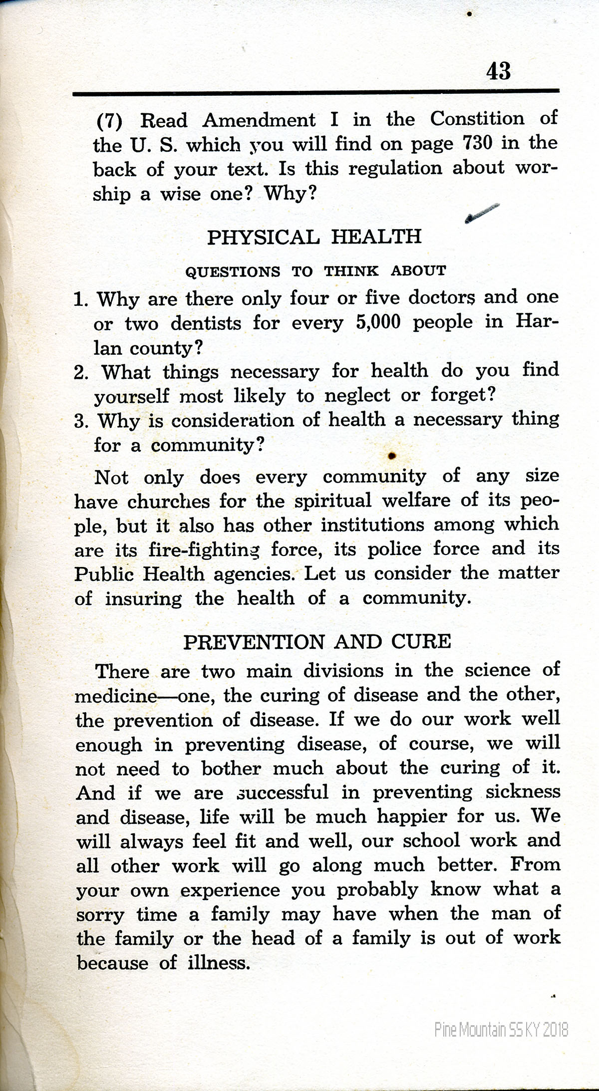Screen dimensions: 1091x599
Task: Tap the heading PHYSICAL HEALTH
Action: (x=314, y=237)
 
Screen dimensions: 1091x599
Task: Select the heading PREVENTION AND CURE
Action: (x=317, y=641)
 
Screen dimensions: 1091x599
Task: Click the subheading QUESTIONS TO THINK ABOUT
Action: (x=315, y=272)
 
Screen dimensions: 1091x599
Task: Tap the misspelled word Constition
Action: (x=477, y=119)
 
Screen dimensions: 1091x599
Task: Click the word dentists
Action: (x=206, y=323)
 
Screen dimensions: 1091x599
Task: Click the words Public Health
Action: (x=139, y=574)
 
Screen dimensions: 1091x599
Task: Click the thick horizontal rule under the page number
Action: (x=315, y=92)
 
